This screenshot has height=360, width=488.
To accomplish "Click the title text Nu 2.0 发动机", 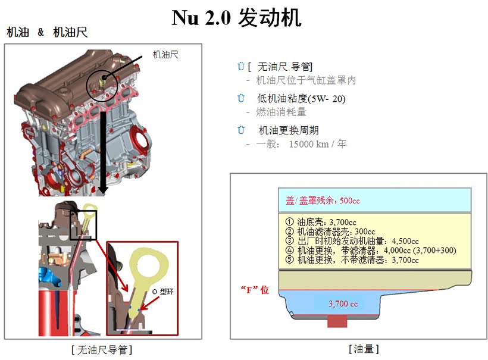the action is [x=236, y=18].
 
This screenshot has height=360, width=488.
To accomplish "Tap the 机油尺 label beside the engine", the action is [x=165, y=55].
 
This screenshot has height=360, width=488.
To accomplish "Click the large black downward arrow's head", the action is [x=103, y=190].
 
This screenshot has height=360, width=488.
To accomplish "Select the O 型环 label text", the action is [x=163, y=292].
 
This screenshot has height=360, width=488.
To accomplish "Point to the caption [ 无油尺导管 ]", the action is [x=102, y=350].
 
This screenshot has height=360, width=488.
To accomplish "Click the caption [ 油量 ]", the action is [x=364, y=349].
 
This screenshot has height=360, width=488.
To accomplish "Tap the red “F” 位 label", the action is [x=255, y=290].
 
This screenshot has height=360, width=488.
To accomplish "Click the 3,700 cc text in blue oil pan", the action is [x=343, y=303].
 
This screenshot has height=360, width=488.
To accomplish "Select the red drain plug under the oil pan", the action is [x=337, y=321].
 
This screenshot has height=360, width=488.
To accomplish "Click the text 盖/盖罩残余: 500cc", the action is [x=323, y=201].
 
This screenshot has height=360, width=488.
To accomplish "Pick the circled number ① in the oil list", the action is [x=289, y=222].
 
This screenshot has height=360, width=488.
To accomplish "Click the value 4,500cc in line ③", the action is [x=405, y=241].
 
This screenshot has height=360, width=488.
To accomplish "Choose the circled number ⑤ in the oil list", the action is [x=289, y=260].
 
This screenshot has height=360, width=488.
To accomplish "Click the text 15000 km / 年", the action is [x=318, y=144].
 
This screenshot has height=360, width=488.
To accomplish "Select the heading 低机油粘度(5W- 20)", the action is [x=301, y=99].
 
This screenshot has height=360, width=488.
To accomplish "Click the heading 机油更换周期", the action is [x=289, y=130].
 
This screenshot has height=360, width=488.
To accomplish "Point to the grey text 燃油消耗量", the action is [x=281, y=112].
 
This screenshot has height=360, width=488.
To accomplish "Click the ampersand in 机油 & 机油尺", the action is [x=41, y=32].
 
